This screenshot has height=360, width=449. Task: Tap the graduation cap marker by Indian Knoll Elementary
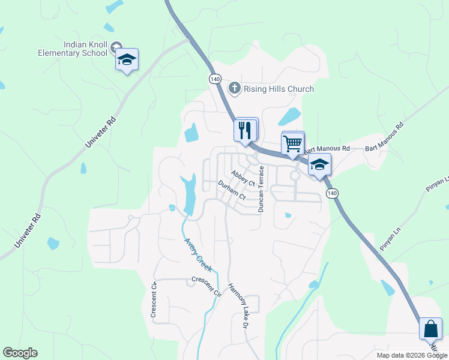click(127, 59)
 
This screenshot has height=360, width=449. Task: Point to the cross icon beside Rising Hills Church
click(235, 89)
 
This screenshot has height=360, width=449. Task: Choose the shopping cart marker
click(292, 144)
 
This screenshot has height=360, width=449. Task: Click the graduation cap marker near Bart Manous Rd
click(320, 164)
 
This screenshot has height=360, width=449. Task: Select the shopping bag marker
click(431, 329)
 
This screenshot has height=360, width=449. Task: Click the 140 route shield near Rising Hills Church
click(215, 79)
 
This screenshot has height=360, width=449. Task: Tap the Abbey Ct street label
click(244, 178)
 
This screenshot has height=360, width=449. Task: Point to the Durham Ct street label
click(232, 190)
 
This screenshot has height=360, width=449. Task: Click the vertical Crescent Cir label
click(154, 299)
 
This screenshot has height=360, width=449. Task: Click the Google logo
click(20, 353)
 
